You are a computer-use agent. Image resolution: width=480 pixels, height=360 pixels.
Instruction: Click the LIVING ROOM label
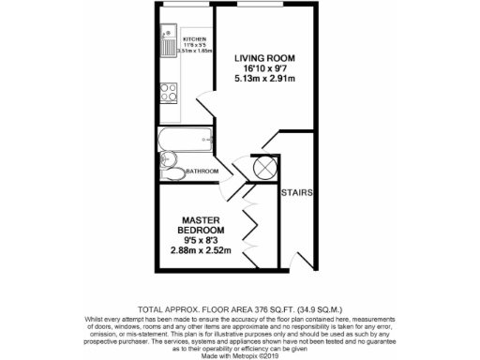264,58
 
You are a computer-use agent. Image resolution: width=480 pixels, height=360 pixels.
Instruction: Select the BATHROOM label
202,172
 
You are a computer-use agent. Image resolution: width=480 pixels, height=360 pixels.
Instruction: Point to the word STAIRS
296,192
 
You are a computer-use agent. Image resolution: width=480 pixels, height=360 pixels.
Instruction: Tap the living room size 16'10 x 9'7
264,68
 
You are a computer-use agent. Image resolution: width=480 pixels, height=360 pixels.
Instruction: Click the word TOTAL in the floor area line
153,307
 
